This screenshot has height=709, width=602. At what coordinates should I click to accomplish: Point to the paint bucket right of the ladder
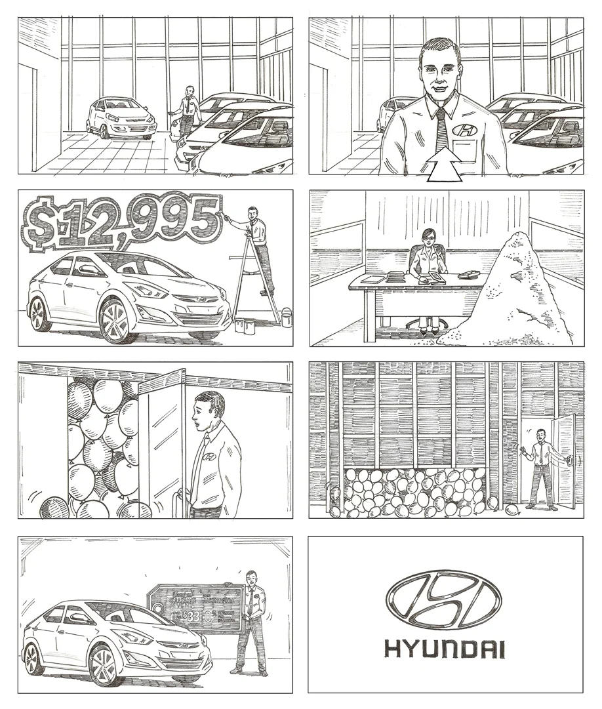[x=286, y=318]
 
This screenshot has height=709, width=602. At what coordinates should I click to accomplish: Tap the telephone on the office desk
[x=470, y=275]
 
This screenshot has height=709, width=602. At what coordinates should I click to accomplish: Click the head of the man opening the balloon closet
[x=211, y=407]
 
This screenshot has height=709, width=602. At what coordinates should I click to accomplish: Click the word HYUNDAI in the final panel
[x=445, y=649]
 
